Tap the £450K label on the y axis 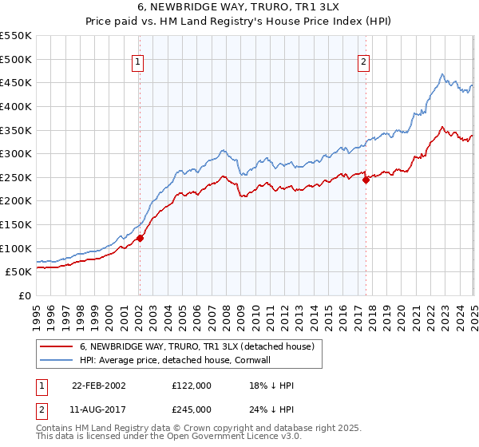(16, 82)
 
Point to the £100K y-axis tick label (16, 248)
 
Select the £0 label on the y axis (24, 295)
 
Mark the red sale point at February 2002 (140, 238)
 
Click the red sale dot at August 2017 (366, 180)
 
